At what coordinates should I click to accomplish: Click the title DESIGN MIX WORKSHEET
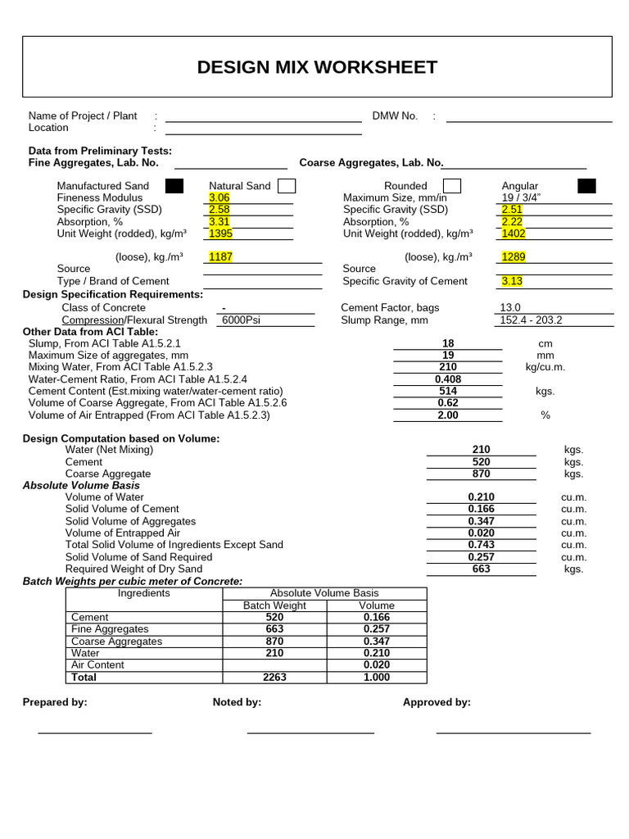pyautogui.click(x=317, y=67)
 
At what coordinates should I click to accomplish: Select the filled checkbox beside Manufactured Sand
pyautogui.click(x=174, y=186)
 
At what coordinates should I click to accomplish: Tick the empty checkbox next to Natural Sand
pyautogui.click(x=287, y=186)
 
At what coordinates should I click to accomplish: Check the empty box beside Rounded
pyautogui.click(x=452, y=186)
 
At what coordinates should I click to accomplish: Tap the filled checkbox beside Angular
pyautogui.click(x=586, y=186)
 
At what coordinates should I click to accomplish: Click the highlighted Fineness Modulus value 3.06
pyautogui.click(x=219, y=197)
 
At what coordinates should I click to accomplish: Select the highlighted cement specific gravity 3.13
pyautogui.click(x=512, y=281)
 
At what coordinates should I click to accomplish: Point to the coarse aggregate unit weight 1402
pyautogui.click(x=514, y=234)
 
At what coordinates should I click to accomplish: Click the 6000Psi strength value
pyautogui.click(x=241, y=320)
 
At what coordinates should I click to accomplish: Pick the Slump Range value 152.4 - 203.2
pyautogui.click(x=532, y=320)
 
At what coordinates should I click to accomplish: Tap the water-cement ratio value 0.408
pyautogui.click(x=448, y=379)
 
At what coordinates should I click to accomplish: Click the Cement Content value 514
pyautogui.click(x=448, y=391)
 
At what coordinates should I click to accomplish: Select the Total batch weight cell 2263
pyautogui.click(x=274, y=678)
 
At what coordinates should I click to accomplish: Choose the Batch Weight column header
pyautogui.click(x=274, y=605)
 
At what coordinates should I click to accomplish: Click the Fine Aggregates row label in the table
pyautogui.click(x=104, y=629)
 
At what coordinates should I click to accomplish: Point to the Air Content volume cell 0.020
pyautogui.click(x=377, y=665)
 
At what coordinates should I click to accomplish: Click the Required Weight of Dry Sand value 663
pyautogui.click(x=482, y=569)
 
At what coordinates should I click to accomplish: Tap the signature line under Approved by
pyautogui.click(x=513, y=732)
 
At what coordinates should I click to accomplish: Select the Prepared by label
pyautogui.click(x=55, y=702)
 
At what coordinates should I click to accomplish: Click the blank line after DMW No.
pyautogui.click(x=529, y=120)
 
